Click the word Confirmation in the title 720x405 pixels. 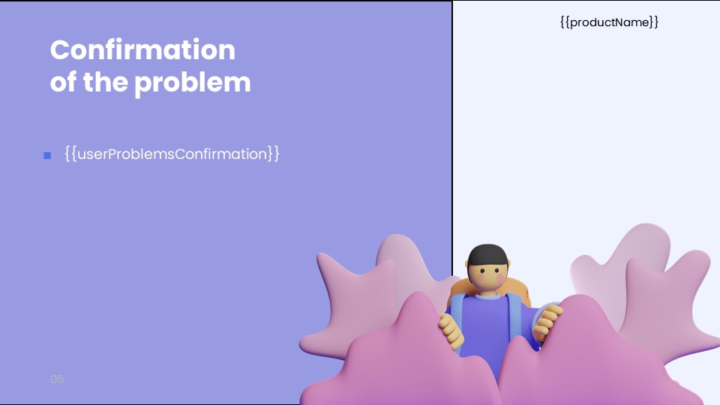point(142,50)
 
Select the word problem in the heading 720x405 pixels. point(193,82)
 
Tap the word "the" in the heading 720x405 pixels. point(105,82)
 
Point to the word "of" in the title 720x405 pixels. point(63,82)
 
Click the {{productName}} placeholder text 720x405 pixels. point(609,22)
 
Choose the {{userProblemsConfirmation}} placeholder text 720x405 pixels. point(172,154)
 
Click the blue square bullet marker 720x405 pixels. point(47,155)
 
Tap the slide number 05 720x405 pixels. point(57,379)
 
